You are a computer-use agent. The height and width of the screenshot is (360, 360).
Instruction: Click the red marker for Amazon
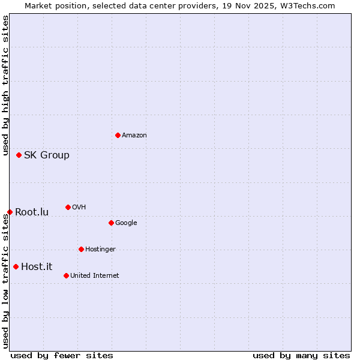coord(118,135)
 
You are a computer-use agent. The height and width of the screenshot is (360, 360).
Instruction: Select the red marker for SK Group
coord(19,155)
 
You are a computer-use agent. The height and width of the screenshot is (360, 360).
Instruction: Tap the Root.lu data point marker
coord(10,212)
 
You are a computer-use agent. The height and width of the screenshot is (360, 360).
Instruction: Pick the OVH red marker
coord(68,207)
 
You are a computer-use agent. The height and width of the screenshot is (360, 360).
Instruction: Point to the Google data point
coord(111,223)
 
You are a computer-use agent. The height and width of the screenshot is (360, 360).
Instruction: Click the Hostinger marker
coord(81,249)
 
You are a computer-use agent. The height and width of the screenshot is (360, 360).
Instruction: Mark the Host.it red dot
coord(16,266)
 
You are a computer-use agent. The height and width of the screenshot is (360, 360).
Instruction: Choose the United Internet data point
coord(66,275)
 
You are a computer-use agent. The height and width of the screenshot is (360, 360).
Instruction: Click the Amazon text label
coord(134,136)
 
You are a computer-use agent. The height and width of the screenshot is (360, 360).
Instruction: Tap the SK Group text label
coord(47,155)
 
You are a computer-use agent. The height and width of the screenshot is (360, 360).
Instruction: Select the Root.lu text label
coord(32,212)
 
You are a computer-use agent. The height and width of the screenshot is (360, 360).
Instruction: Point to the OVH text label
coord(79,208)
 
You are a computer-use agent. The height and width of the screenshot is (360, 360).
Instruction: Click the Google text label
coord(126,223)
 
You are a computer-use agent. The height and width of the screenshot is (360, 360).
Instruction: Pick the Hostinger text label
coord(100,250)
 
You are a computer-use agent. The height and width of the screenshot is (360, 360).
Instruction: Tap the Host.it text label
coord(37,267)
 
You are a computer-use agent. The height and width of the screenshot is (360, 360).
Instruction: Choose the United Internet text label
coord(95,276)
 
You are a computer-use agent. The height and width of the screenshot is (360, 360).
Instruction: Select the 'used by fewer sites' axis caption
coord(62,355)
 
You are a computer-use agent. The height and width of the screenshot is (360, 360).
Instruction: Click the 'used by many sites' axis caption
coord(301,355)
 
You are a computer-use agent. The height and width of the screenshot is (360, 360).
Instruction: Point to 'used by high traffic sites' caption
coord(5,86)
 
